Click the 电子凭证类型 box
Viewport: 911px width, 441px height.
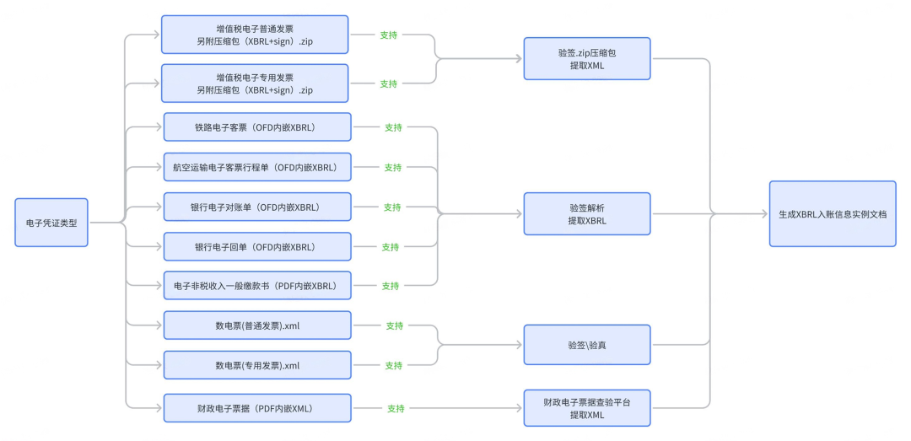click(x=51, y=223)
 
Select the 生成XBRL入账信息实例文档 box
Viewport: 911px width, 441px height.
click(x=833, y=214)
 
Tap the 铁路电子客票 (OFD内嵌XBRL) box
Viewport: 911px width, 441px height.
click(x=257, y=127)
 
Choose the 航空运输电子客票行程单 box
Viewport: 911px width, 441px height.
click(x=257, y=167)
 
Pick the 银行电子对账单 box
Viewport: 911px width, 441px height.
click(x=257, y=207)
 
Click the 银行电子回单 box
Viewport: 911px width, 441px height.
click(x=257, y=247)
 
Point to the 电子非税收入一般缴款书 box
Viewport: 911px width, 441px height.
click(x=257, y=285)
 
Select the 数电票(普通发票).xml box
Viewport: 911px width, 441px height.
click(x=257, y=325)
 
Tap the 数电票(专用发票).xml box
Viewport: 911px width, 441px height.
click(x=257, y=365)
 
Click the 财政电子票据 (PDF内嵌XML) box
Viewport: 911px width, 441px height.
click(x=257, y=408)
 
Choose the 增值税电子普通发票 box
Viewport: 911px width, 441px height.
click(x=255, y=35)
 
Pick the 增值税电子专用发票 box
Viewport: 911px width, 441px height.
click(x=255, y=83)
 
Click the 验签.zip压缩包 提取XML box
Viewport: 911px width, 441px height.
click(x=587, y=59)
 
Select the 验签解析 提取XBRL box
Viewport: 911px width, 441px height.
click(x=587, y=214)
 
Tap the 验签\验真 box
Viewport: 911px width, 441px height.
click(x=587, y=345)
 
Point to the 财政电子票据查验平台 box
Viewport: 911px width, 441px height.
click(x=587, y=408)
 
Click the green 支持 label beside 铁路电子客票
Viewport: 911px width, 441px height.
click(x=393, y=127)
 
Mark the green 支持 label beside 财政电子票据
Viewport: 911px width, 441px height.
click(x=396, y=408)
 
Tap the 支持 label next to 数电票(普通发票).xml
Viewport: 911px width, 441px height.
click(x=395, y=326)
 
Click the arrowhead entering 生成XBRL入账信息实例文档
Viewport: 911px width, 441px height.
click(x=764, y=214)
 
